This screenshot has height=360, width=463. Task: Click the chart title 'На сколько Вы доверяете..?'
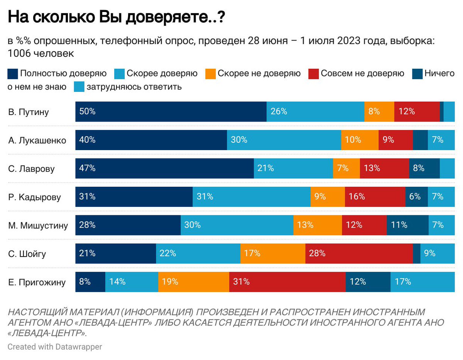click(116, 18)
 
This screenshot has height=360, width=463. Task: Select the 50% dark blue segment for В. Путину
click(171, 112)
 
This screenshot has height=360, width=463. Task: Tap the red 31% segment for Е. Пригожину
click(287, 282)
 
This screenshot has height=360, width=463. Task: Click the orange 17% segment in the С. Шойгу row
click(272, 254)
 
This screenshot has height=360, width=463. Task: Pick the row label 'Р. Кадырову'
click(34, 197)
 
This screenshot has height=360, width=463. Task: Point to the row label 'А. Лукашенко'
click(37, 140)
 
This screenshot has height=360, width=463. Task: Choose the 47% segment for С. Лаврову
click(164, 169)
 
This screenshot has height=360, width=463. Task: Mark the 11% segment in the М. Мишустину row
click(407, 225)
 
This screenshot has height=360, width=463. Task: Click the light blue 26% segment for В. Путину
click(315, 112)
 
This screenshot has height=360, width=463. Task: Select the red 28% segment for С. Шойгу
click(359, 254)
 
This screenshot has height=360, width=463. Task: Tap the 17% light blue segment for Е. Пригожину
click(422, 282)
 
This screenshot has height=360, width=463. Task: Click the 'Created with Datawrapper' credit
click(55, 347)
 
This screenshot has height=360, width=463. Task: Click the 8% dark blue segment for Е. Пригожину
click(90, 282)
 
